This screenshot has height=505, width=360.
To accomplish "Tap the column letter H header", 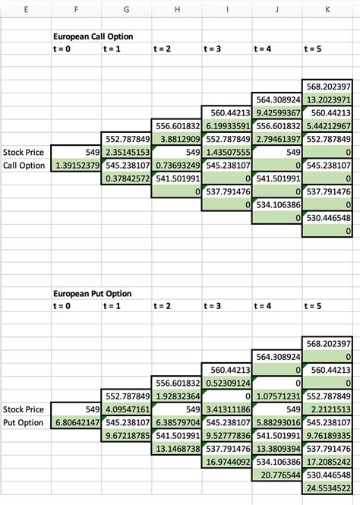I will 177,9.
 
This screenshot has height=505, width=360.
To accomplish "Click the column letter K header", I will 327,9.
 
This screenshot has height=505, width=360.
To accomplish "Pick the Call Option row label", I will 25,166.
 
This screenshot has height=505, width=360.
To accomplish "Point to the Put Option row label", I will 25,423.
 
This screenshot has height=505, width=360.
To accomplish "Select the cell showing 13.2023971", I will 327,99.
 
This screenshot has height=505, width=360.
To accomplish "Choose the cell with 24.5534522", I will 327,488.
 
